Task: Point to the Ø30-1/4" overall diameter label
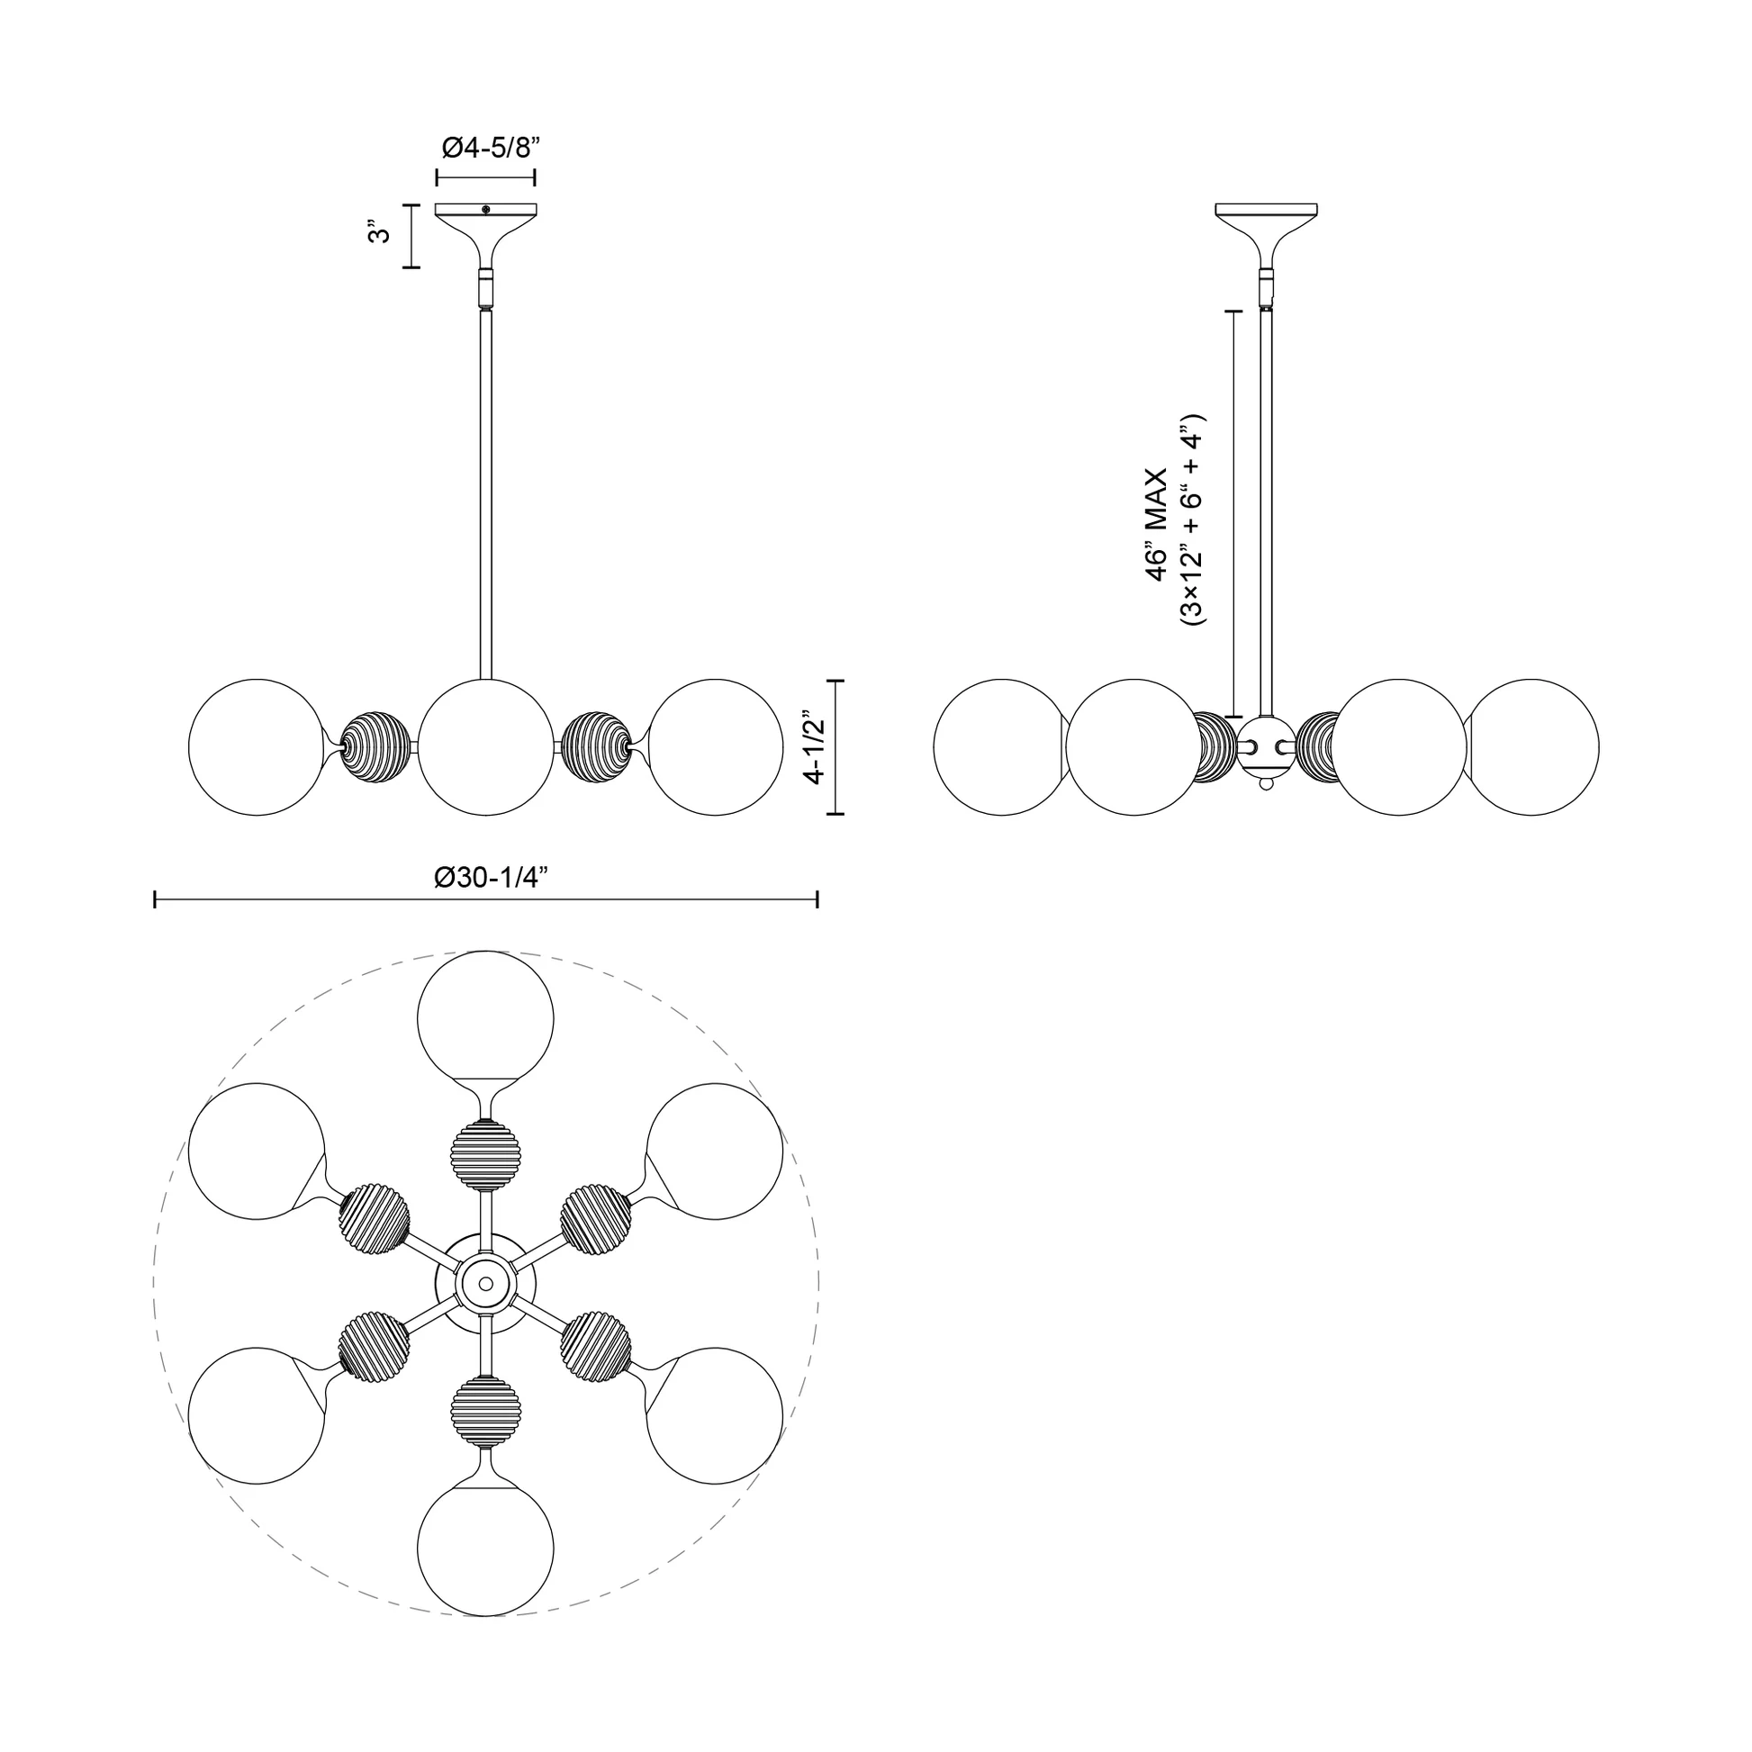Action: tap(492, 877)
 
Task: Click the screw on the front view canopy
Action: tap(486, 210)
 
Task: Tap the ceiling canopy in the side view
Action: tap(1266, 222)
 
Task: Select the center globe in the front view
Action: tap(486, 747)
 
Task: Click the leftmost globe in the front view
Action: tap(257, 747)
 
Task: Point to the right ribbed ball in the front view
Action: tap(595, 747)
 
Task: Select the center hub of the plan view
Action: tap(486, 1283)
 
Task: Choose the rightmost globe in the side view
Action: tap(1532, 747)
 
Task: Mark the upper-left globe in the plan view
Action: tap(257, 1151)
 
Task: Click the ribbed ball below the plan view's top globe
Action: tap(486, 1155)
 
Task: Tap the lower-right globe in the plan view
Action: tap(716, 1415)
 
